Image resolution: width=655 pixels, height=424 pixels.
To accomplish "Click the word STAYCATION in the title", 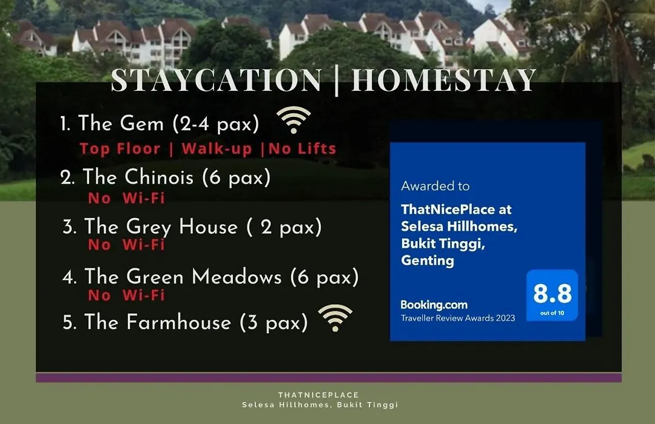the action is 217,80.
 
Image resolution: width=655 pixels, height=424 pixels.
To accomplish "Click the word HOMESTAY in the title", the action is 443,80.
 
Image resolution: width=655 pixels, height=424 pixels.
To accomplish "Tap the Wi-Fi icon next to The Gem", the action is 294,120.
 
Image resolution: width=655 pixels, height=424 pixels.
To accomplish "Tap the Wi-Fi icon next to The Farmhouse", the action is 335,318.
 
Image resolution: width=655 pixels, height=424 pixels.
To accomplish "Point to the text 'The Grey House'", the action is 161,227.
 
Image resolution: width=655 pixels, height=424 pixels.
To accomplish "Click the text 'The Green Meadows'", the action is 183,276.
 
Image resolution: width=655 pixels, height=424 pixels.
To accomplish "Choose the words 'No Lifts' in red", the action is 302,148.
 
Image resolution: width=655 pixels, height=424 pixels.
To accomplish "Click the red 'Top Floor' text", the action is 120,148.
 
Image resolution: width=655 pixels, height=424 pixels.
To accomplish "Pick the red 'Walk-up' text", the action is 217,149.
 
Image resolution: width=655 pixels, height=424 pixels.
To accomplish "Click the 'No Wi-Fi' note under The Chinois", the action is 126,198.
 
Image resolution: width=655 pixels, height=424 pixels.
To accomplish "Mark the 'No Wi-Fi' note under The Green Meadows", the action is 126,295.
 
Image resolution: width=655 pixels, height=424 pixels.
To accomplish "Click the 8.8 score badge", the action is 553,296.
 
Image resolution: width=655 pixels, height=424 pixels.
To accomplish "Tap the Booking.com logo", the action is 434,305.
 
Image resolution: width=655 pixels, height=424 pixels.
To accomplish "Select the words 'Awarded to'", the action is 435,186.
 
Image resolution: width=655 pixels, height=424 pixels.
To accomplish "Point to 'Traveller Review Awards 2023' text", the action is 458,318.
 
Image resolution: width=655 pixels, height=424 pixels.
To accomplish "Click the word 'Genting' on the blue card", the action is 428,261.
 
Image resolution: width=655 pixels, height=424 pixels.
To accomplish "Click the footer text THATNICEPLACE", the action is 319,395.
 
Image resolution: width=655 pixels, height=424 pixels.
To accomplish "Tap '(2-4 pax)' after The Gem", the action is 216,124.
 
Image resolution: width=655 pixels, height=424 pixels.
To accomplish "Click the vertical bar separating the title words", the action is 337,81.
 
